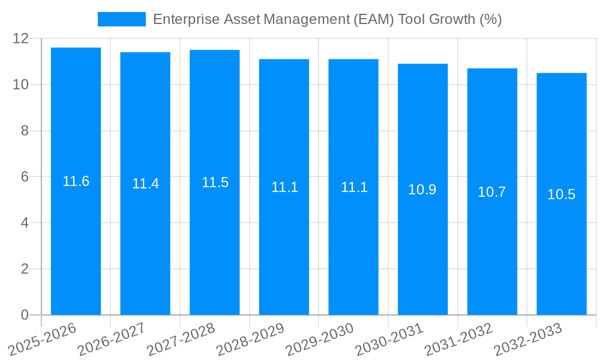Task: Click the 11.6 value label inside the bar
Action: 76,181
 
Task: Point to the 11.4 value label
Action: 145,184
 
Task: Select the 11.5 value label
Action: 215,182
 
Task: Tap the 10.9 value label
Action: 422,190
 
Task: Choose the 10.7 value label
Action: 492,192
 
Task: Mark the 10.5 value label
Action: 562,194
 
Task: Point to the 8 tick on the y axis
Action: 25,131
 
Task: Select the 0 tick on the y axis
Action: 25,315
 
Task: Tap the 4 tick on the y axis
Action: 25,223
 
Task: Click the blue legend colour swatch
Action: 122,19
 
